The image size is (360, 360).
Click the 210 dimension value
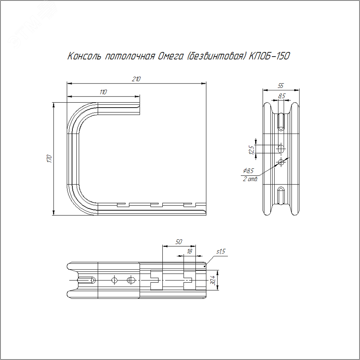point(136,79)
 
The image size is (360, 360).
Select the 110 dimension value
point(103,92)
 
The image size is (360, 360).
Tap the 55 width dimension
point(281,86)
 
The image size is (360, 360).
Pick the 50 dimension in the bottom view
point(179,242)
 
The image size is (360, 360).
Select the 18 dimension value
point(189,251)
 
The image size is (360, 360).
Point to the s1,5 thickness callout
point(221,252)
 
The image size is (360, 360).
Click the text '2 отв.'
point(250,179)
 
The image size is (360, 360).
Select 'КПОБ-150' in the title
point(270,56)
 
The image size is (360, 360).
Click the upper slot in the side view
point(281,122)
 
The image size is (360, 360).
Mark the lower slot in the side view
point(281,196)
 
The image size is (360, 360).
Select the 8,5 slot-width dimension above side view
point(282,96)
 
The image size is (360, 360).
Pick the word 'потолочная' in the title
point(129,57)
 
